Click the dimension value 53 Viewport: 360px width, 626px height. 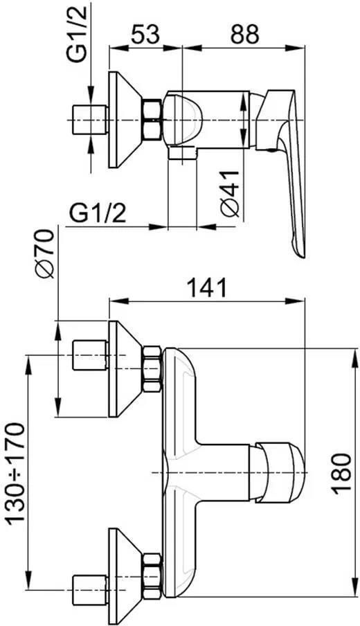click(145, 35)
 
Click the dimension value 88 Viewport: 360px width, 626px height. click(244, 35)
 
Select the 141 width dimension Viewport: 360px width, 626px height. click(207, 287)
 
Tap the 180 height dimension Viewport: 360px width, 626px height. click(343, 474)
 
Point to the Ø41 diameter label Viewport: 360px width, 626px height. click(230, 194)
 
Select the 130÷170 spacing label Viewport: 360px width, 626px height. click(17, 474)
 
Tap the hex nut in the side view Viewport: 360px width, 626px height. click(152, 120)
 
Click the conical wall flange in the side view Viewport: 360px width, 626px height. click(125, 120)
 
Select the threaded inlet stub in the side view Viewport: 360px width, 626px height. click(90, 120)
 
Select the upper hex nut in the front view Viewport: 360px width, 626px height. click(152, 369)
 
